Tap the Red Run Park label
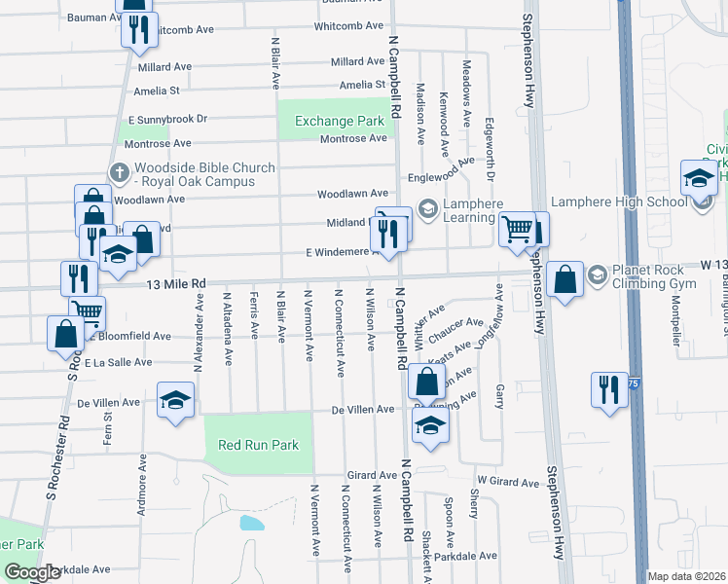[258, 445]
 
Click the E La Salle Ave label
[119, 362]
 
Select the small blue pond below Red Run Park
[250, 524]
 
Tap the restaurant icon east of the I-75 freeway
[609, 390]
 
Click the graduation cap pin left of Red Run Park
[176, 400]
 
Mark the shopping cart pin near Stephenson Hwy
[516, 230]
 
